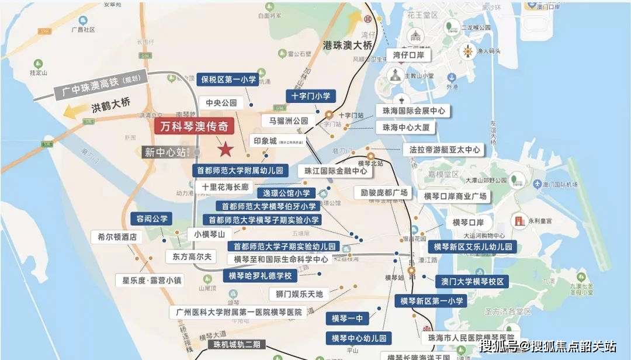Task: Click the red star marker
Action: coord(225,150)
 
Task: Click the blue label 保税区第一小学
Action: coord(228,79)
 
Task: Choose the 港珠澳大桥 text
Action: coord(348,44)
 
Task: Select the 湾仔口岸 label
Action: coord(408,56)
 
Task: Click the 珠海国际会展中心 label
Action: coord(414,110)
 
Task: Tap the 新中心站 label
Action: coord(165,153)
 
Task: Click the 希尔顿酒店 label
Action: coord(117,237)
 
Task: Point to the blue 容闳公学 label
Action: coord(152,219)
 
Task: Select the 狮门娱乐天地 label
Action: coord(299,293)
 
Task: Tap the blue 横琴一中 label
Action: coord(347,318)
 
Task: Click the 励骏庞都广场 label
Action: coord(383,193)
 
